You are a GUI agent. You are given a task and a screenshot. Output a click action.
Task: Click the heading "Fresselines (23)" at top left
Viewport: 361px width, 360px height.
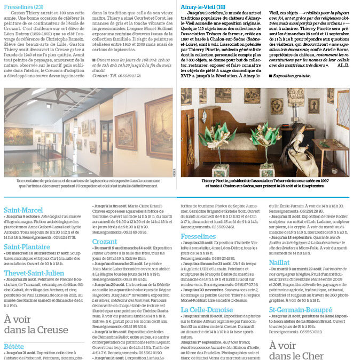pos(23,7)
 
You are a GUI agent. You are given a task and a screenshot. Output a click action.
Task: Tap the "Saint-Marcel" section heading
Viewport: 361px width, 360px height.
pos(23,210)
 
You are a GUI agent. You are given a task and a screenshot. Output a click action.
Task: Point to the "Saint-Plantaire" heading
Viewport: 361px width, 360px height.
pos(27,247)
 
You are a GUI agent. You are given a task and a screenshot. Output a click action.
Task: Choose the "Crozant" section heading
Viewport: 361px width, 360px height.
pos(105,242)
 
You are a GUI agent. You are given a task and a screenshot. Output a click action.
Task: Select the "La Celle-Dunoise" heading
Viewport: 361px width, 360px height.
pos(207,309)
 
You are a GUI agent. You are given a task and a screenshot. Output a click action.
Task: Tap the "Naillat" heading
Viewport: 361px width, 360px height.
pos(280,278)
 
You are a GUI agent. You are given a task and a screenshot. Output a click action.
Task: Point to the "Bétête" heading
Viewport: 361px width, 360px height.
pos(14,346)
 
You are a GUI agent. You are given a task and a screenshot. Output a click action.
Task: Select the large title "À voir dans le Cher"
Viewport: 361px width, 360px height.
pos(296,350)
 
